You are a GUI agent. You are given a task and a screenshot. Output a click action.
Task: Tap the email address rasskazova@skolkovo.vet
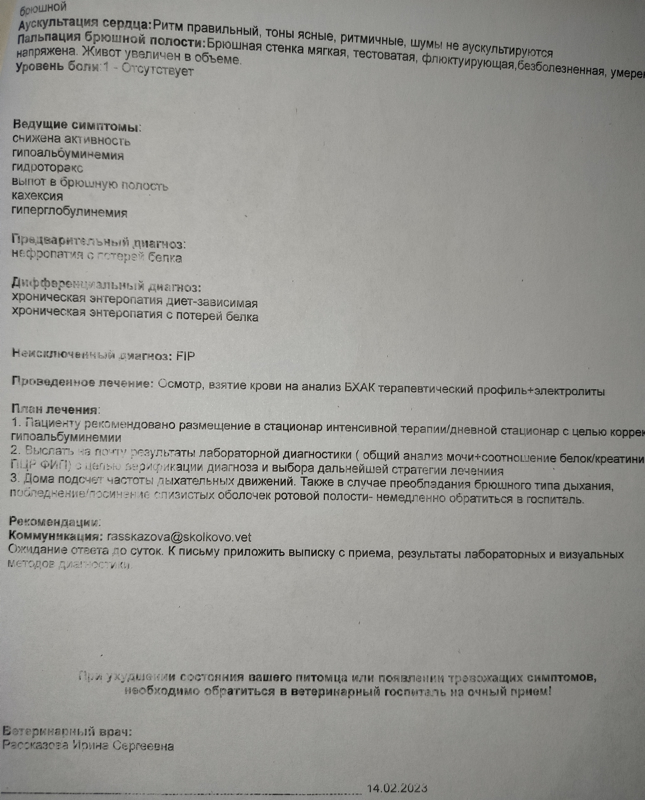point(179,537)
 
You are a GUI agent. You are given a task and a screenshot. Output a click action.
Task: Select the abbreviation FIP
point(185,356)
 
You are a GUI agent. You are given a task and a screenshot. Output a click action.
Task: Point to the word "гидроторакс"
point(47,168)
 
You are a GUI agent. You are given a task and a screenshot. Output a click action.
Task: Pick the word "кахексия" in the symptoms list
point(37,196)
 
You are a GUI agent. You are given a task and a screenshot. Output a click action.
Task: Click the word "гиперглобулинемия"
point(69,213)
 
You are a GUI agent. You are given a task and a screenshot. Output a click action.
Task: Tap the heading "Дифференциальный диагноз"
point(106,286)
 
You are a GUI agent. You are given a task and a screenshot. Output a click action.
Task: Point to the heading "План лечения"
point(55,410)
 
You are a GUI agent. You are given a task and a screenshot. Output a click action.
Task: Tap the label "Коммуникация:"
point(56,536)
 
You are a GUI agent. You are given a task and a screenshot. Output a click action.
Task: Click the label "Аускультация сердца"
point(85,24)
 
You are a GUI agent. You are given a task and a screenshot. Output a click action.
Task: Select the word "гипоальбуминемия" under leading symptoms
point(68,154)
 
